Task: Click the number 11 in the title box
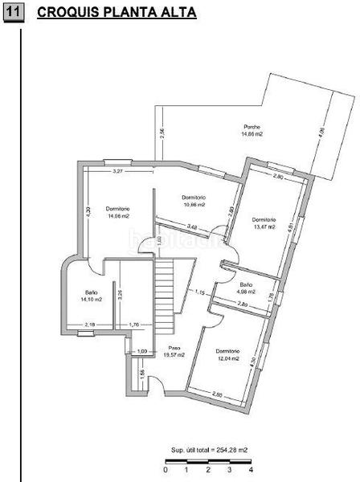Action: pyautogui.click(x=14, y=13)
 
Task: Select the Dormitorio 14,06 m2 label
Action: pyautogui.click(x=116, y=212)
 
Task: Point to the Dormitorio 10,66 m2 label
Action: pyautogui.click(x=194, y=201)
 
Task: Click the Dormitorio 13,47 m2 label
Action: pyautogui.click(x=264, y=223)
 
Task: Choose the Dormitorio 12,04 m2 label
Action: pyautogui.click(x=228, y=355)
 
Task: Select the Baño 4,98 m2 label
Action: pyautogui.click(x=245, y=288)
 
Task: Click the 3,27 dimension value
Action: pyautogui.click(x=117, y=171)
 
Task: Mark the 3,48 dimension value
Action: pyautogui.click(x=192, y=227)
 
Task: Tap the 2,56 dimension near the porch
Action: pyautogui.click(x=162, y=134)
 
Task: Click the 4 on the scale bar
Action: pyautogui.click(x=251, y=470)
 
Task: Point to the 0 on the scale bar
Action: pyautogui.click(x=165, y=470)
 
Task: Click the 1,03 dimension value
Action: pyautogui.click(x=142, y=351)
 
